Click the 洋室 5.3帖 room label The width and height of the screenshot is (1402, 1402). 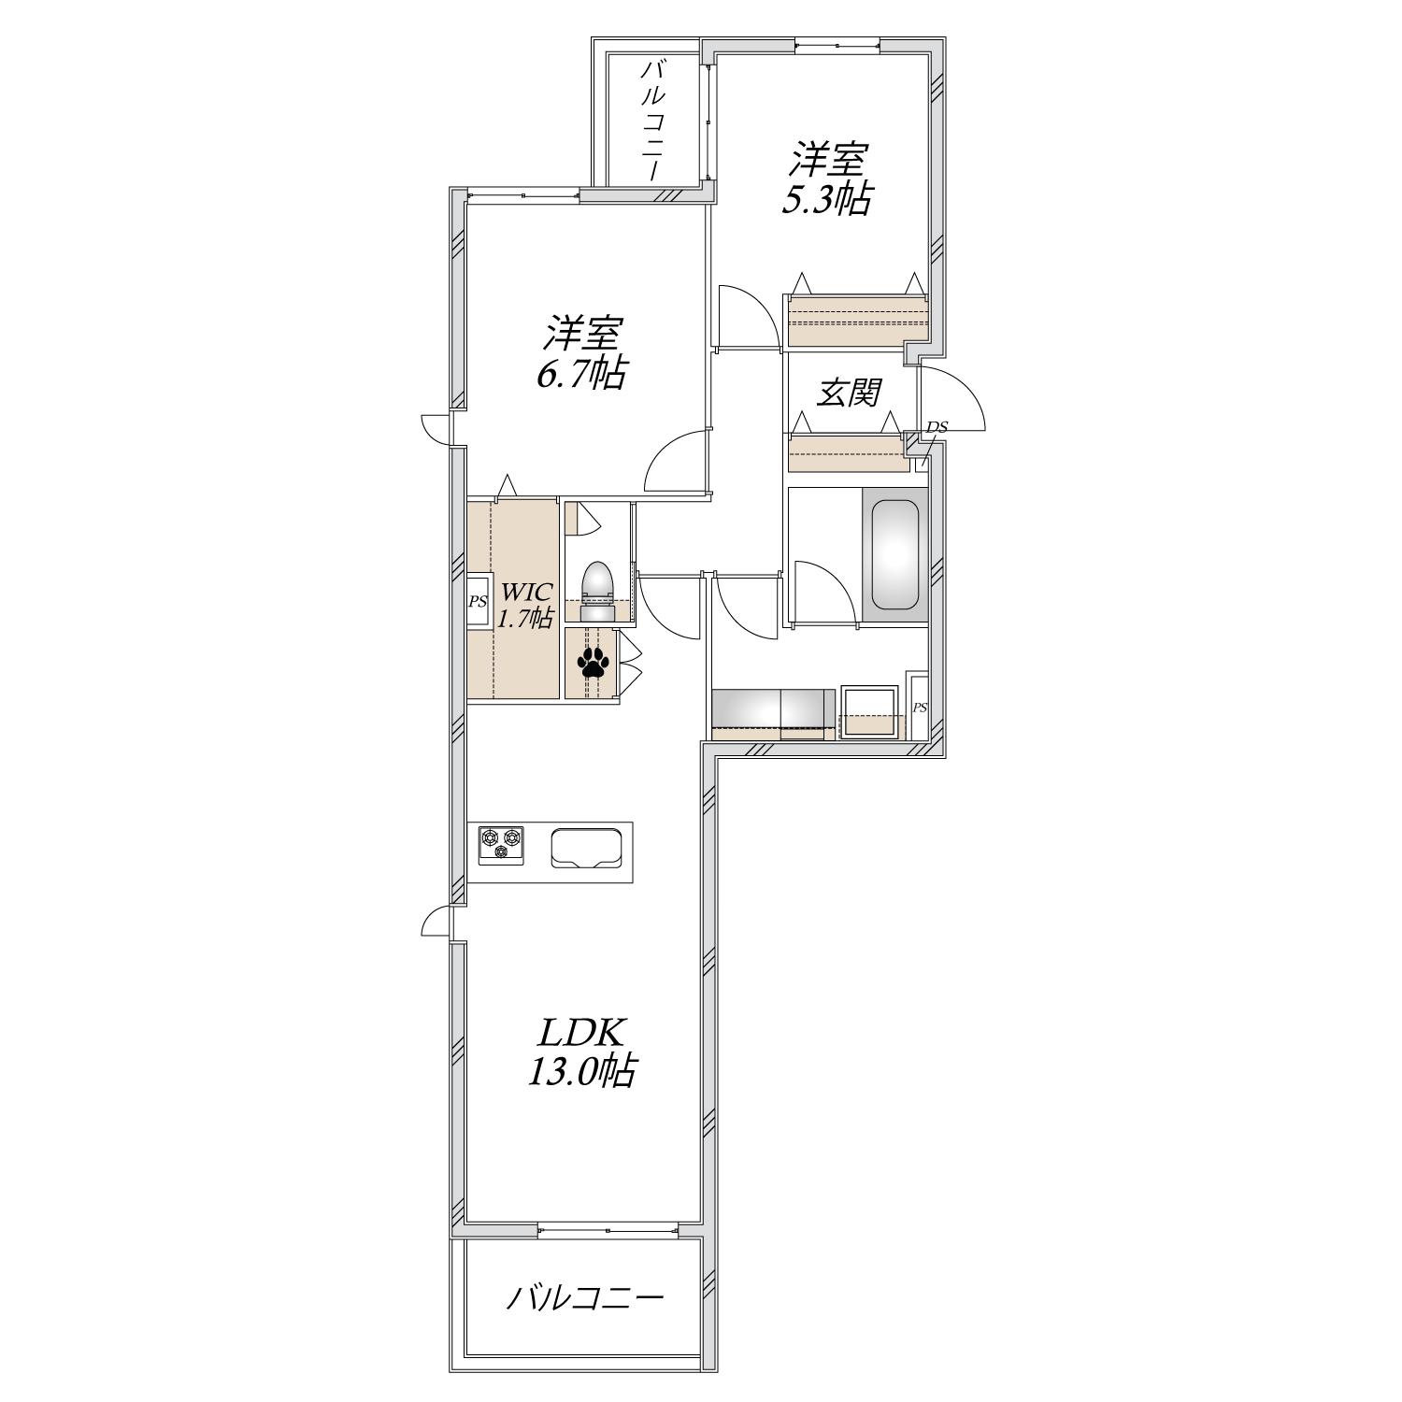828,179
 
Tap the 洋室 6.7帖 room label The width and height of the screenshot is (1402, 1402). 580,352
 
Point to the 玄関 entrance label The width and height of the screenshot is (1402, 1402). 849,393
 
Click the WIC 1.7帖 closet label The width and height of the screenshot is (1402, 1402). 525,604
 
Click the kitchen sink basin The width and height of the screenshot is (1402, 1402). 587,849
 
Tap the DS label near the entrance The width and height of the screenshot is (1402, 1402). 937,427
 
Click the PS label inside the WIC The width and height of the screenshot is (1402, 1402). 478,602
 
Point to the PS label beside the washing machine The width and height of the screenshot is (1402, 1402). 919,708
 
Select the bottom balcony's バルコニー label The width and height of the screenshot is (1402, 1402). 585,1298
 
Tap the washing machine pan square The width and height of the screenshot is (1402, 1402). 869,712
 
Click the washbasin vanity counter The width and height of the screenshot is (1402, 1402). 774,714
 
